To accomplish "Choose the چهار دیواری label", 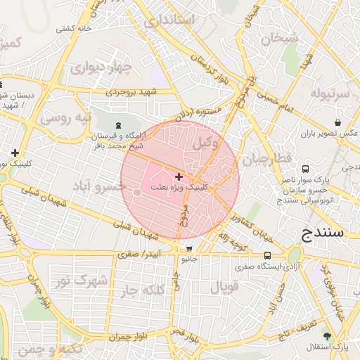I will pyautogui.click(x=105, y=67).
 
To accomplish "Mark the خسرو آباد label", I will pyautogui.click(x=100, y=186).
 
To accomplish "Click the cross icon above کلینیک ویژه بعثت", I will pyautogui.click(x=179, y=176).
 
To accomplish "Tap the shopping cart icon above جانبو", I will pyautogui.click(x=188, y=249).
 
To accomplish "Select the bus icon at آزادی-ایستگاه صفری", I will pyautogui.click(x=267, y=255).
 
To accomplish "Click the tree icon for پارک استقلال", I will pyautogui.click(x=326, y=336).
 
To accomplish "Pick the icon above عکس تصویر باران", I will pyautogui.click(x=338, y=122).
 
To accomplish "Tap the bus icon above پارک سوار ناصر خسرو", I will pyautogui.click(x=305, y=169).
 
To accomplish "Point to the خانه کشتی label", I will pyautogui.click(x=75, y=29).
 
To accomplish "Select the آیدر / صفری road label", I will pyautogui.click(x=141, y=252).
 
